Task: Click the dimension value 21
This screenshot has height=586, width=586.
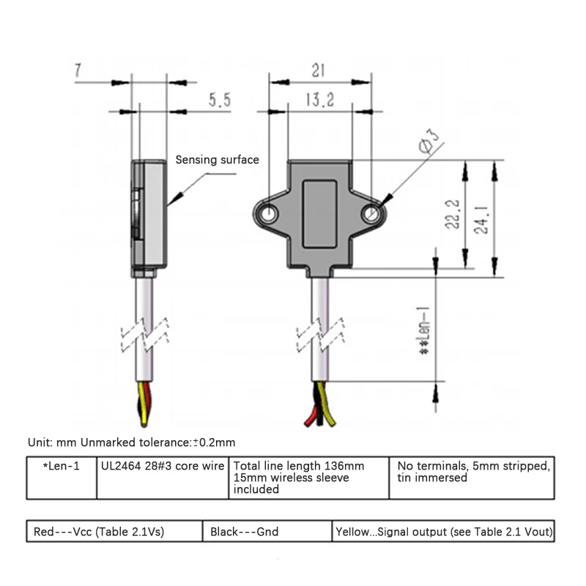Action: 318,71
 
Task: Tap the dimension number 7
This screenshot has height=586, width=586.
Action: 78,71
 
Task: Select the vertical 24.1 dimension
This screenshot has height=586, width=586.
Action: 482,219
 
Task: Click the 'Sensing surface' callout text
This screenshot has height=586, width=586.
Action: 217,160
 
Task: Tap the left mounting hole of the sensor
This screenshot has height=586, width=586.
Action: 269,214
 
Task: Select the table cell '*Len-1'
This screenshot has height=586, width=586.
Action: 62,466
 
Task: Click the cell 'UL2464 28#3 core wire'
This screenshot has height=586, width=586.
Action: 162,466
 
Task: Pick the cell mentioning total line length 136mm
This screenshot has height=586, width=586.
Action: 308,478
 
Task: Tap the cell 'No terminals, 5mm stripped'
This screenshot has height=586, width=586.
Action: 473,472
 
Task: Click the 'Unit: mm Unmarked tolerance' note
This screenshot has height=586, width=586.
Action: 131,442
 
